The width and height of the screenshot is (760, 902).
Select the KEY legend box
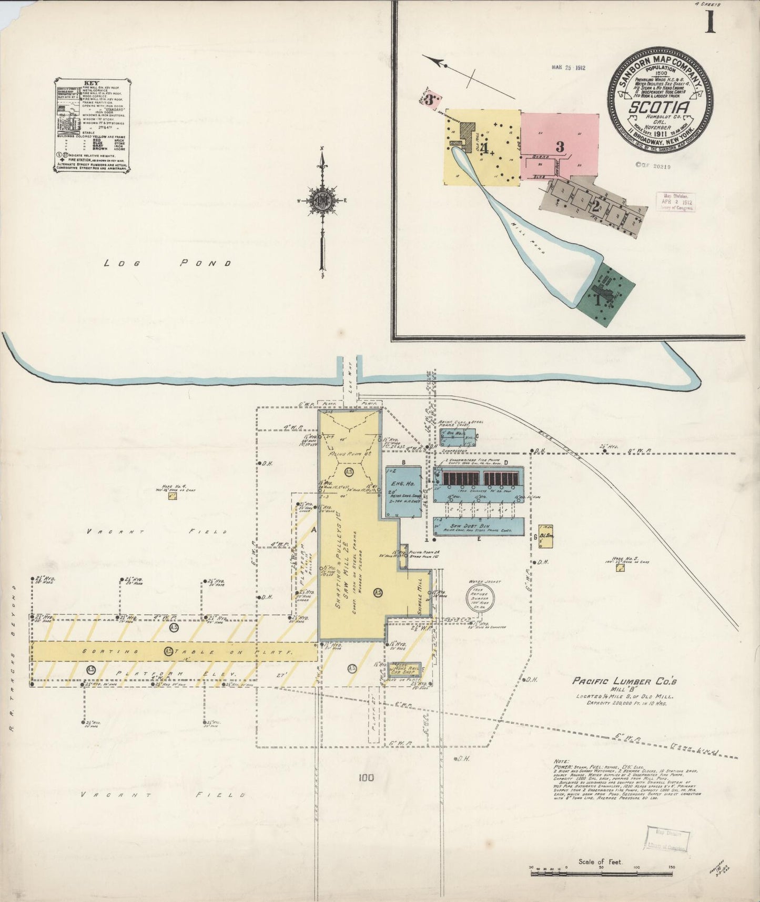(92, 125)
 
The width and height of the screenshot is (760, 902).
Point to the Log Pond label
(168, 263)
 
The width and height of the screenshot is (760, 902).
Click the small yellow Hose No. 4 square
(172, 495)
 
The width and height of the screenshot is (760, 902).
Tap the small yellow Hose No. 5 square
(621, 568)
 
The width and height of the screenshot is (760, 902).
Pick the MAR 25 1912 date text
(569, 67)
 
